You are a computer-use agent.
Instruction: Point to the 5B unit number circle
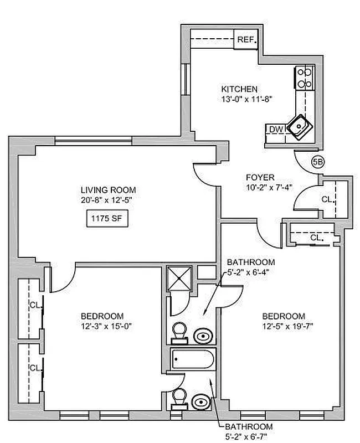click(x=318, y=162)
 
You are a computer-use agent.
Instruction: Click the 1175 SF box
click(x=107, y=219)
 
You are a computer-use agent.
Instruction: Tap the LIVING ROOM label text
click(x=107, y=190)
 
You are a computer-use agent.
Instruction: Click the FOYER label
click(x=260, y=177)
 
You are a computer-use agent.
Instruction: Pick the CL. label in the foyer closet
click(x=327, y=199)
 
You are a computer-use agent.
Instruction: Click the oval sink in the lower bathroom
click(x=200, y=401)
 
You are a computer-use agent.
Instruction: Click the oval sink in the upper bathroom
click(x=203, y=336)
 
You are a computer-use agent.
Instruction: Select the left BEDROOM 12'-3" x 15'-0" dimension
click(x=105, y=326)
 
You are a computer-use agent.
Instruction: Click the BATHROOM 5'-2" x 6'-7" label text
click(x=248, y=431)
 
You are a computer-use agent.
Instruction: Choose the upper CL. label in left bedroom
click(x=34, y=304)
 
